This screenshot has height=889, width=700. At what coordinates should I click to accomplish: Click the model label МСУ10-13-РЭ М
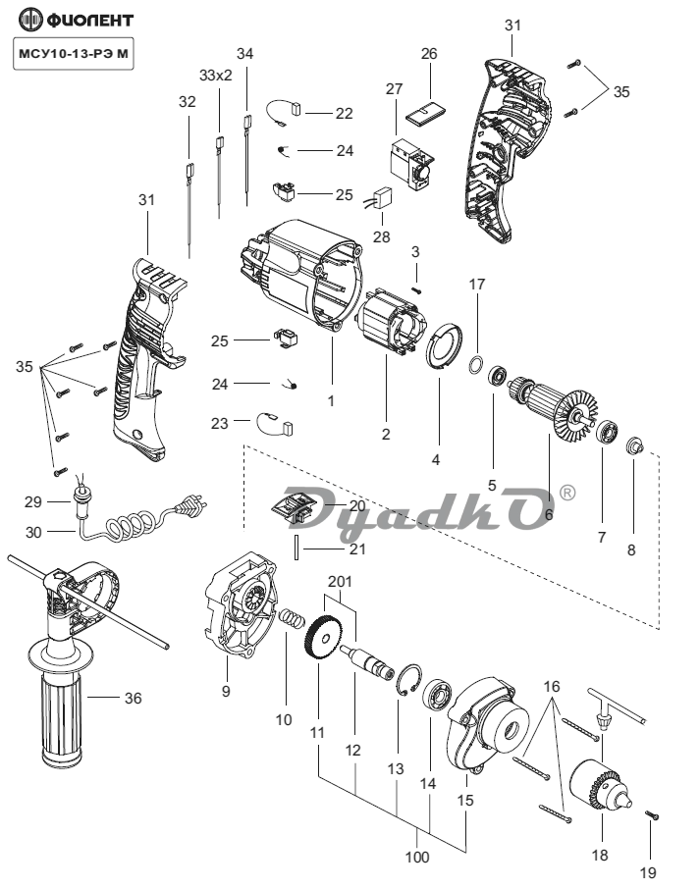tap(74, 54)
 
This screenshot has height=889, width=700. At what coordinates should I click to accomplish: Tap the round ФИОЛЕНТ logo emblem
tap(30, 20)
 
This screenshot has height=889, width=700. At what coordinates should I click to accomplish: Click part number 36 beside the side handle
tap(133, 698)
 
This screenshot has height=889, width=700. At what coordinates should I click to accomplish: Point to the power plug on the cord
tap(192, 503)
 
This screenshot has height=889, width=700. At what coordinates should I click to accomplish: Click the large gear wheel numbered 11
tap(325, 639)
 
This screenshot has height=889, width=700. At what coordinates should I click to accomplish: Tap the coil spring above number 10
tap(292, 618)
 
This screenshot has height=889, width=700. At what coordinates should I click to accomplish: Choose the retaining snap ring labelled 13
tap(408, 679)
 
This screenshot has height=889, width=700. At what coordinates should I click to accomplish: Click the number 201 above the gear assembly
tap(340, 581)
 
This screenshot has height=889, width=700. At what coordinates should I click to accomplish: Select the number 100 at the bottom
tap(417, 857)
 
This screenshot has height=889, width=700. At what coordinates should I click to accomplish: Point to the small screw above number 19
tap(652, 815)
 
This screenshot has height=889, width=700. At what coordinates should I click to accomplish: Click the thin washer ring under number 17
tap(476, 364)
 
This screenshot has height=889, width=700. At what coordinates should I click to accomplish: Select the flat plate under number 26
tap(425, 112)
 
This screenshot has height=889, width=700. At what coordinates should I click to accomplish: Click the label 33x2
tap(216, 76)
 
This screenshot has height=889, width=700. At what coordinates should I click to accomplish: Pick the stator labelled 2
tap(392, 324)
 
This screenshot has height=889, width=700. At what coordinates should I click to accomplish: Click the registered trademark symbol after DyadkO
tap(567, 493)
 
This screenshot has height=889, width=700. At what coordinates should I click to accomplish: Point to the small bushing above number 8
tap(633, 445)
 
